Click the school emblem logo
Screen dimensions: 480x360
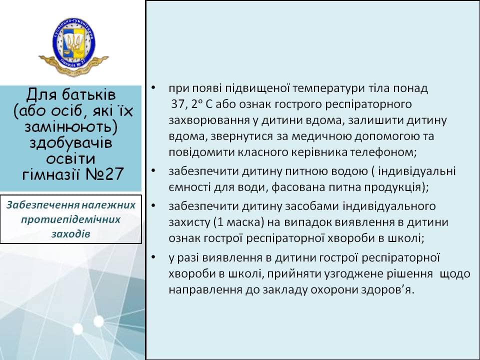[73, 46]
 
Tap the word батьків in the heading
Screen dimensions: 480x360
[89, 94]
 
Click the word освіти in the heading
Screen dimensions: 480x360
[70, 158]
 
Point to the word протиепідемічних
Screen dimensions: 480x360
[70, 219]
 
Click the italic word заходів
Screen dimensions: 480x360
[70, 234]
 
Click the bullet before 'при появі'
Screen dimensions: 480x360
[153, 88]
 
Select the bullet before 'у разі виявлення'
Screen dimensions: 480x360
[153, 257]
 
